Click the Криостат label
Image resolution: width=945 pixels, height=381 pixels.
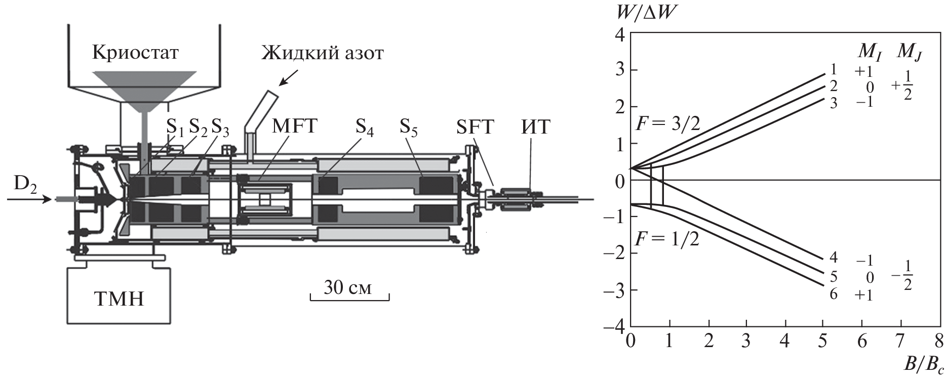pyautogui.click(x=135, y=53)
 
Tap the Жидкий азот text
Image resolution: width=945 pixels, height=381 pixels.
pyautogui.click(x=322, y=53)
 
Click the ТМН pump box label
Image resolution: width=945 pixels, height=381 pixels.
pyautogui.click(x=119, y=299)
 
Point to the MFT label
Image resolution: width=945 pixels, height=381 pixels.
pyautogui.click(x=294, y=126)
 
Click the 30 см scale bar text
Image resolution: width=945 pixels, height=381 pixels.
pyautogui.click(x=348, y=288)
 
